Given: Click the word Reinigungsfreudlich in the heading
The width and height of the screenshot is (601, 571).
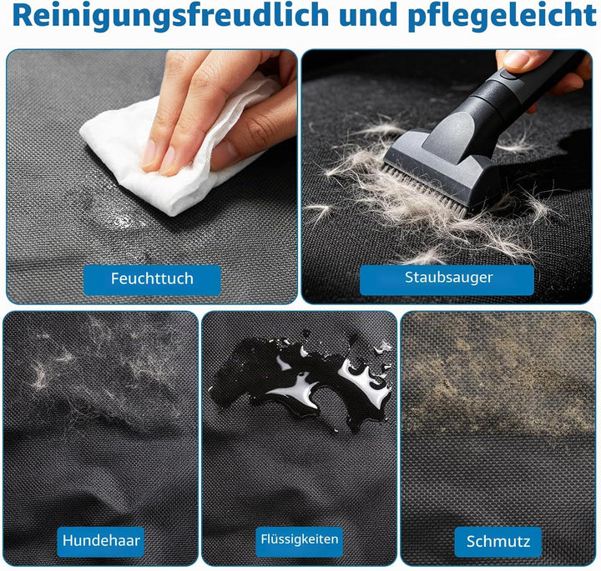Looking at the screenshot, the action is click(x=170, y=16).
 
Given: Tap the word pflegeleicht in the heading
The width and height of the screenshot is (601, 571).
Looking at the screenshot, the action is click(x=503, y=16).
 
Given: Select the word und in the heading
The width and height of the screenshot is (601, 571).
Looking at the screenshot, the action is click(x=368, y=15).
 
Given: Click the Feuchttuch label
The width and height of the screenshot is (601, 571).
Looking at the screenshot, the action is click(x=152, y=279).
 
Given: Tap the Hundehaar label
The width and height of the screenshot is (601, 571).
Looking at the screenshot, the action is click(x=101, y=541).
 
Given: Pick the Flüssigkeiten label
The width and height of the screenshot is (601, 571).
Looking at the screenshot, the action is click(x=300, y=539).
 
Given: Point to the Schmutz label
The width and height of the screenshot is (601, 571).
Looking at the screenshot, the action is click(x=497, y=541).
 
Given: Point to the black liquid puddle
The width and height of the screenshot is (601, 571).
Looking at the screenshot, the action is click(x=303, y=383).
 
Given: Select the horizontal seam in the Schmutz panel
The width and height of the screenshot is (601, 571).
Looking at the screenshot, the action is click(x=498, y=435).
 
